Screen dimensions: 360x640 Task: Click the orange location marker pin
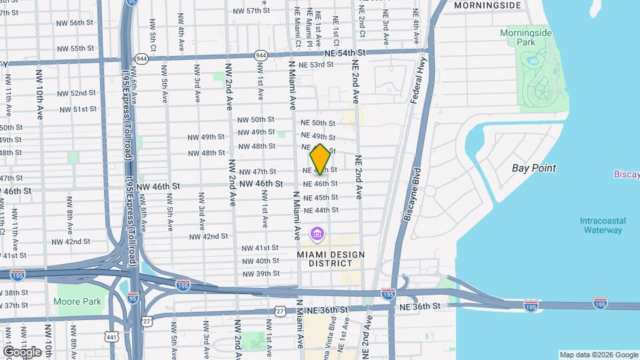pos(320,159)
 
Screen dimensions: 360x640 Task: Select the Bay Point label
pos(534,169)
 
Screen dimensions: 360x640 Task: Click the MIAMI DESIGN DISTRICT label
pos(331,259)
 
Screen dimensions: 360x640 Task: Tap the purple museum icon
pos(317,235)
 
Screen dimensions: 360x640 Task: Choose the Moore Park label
pos(79,301)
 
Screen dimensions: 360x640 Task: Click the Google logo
pos(22,351)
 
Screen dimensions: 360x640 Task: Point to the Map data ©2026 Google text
pos(599,355)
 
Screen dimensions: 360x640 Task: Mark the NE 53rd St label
pos(316,65)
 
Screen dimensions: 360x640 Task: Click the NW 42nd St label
pos(209,237)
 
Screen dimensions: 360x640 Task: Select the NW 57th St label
pos(248,11)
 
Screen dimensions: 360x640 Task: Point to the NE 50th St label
pos(319,123)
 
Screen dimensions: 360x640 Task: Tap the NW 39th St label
pos(261,274)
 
